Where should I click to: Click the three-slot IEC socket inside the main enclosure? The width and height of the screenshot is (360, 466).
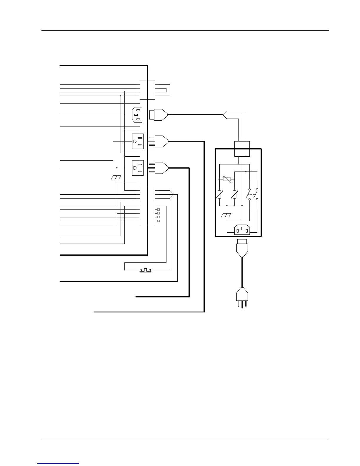[x=137, y=114]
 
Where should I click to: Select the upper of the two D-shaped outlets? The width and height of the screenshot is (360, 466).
[x=138, y=141]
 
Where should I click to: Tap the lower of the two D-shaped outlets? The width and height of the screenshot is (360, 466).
[x=138, y=168]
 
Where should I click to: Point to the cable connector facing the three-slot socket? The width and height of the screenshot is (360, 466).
[x=159, y=114]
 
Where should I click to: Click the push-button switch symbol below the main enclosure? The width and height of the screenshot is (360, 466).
[x=145, y=270]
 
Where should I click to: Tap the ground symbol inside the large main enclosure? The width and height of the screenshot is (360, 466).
[x=116, y=177]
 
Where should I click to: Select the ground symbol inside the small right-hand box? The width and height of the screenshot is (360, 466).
[x=226, y=215]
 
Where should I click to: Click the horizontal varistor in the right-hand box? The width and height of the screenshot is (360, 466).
[x=227, y=179]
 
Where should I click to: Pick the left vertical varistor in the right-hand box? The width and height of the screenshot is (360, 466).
[x=219, y=194]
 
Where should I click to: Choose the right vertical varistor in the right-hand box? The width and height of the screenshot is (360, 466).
[x=234, y=194]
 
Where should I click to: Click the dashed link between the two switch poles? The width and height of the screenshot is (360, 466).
[x=253, y=194]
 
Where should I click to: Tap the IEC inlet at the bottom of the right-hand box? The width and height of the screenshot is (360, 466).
[x=242, y=229]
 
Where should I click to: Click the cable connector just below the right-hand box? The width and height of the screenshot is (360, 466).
[x=242, y=248]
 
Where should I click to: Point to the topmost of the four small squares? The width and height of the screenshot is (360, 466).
[x=159, y=209]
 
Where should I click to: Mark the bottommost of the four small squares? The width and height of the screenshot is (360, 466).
[x=159, y=221]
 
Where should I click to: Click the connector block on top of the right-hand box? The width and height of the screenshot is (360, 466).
[x=242, y=149]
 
